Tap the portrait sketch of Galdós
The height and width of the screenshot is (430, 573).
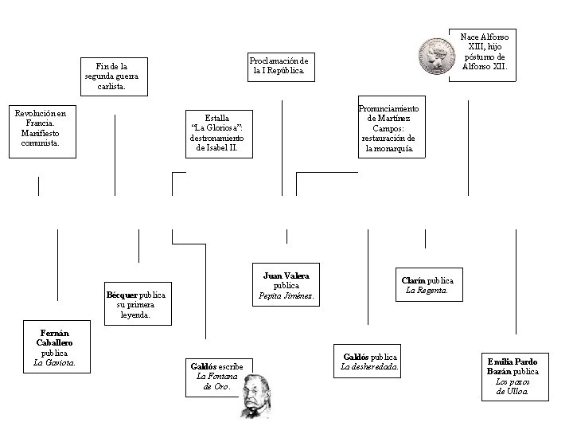coord(256,395)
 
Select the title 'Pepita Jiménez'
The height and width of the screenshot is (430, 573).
coord(286,296)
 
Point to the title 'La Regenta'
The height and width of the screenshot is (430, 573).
coord(427,291)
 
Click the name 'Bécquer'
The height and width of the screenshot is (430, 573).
coord(122,295)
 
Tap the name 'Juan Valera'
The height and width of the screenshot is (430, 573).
coord(286,276)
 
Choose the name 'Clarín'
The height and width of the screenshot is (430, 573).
coord(413,280)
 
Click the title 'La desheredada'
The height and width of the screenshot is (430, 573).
coord(370,366)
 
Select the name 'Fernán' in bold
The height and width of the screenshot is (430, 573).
coord(55,332)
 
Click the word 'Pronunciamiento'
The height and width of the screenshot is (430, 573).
coord(388,107)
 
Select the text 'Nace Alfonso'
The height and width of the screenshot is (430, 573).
coord(485,37)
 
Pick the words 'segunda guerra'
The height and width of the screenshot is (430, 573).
coord(111,76)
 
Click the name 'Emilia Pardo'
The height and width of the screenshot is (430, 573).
coord(512,362)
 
